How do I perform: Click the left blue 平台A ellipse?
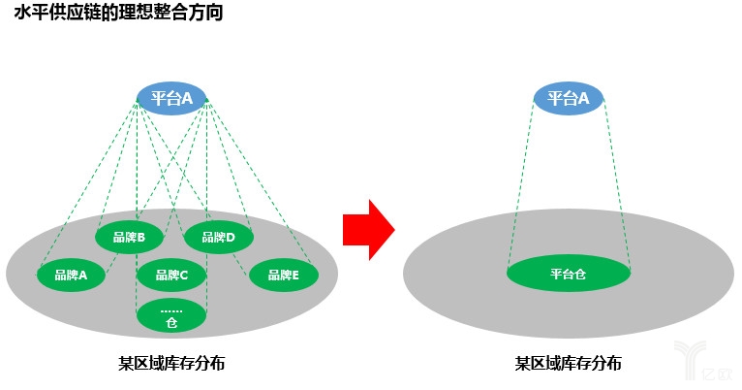tap(171, 98)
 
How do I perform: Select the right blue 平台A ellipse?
tap(569, 98)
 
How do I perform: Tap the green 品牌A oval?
tap(71, 275)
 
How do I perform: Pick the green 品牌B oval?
tap(129, 237)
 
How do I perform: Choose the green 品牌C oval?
tap(170, 275)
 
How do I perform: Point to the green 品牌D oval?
tap(217, 237)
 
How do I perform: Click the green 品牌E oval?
tap(284, 275)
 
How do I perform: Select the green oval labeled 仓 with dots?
tap(170, 315)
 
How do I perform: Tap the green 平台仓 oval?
tap(568, 275)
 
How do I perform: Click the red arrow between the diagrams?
tap(368, 231)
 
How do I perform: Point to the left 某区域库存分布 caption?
tap(171, 364)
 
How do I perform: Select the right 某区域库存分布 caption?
tap(569, 364)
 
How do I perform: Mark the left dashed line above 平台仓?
tap(521, 184)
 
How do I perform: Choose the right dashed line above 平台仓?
tap(617, 184)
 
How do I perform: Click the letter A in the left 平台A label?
tap(188, 98)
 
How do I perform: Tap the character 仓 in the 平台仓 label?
tap(581, 275)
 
